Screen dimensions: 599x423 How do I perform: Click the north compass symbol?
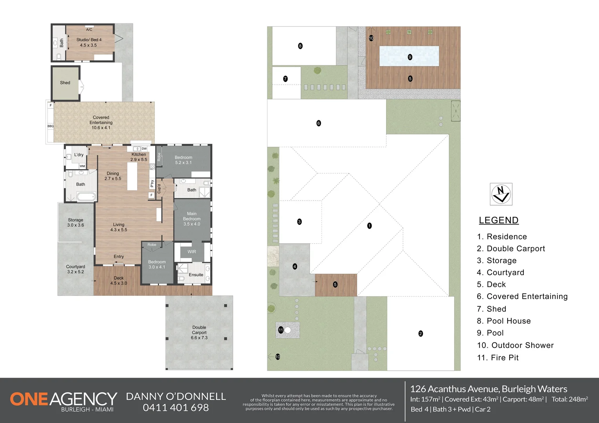501,194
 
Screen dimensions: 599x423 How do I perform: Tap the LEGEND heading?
499,220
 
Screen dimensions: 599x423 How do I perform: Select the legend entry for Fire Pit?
497,358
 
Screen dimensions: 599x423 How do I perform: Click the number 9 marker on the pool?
410,57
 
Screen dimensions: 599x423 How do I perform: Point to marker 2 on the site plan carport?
421,333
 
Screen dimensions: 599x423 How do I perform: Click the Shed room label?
65,83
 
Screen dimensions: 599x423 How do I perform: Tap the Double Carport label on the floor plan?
199,333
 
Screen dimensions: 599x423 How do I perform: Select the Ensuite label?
196,275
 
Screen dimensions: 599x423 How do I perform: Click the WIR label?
192,251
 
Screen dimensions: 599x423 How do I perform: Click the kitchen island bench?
132,176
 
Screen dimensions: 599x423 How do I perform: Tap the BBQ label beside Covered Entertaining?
51,126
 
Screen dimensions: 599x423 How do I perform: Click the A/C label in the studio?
89,29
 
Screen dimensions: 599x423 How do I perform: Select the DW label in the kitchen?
144,148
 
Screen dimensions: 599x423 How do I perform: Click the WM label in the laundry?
82,166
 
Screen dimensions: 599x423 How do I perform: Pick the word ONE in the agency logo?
29,399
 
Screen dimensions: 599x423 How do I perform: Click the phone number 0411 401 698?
176,407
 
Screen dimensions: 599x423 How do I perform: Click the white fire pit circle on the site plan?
288,330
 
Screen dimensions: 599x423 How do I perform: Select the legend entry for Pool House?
504,321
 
